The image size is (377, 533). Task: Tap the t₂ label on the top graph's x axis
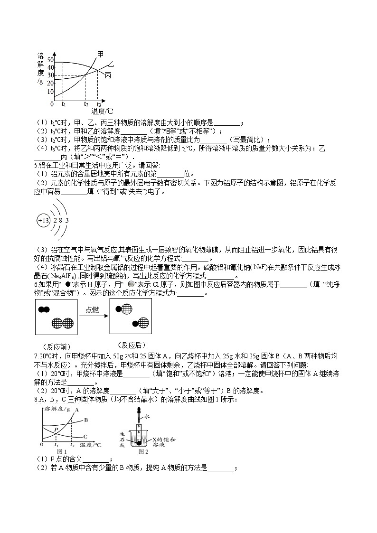point(86,103)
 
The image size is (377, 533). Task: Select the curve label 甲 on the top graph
point(100,54)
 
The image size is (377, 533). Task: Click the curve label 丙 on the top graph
point(108,75)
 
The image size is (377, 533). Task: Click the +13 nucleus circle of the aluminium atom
point(43,221)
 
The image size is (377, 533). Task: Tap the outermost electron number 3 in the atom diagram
point(67,221)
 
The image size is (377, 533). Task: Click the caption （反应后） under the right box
point(131,345)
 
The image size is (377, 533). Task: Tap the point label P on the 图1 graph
point(56,429)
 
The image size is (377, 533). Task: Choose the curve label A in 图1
point(76,409)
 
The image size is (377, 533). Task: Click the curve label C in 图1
point(85,436)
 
